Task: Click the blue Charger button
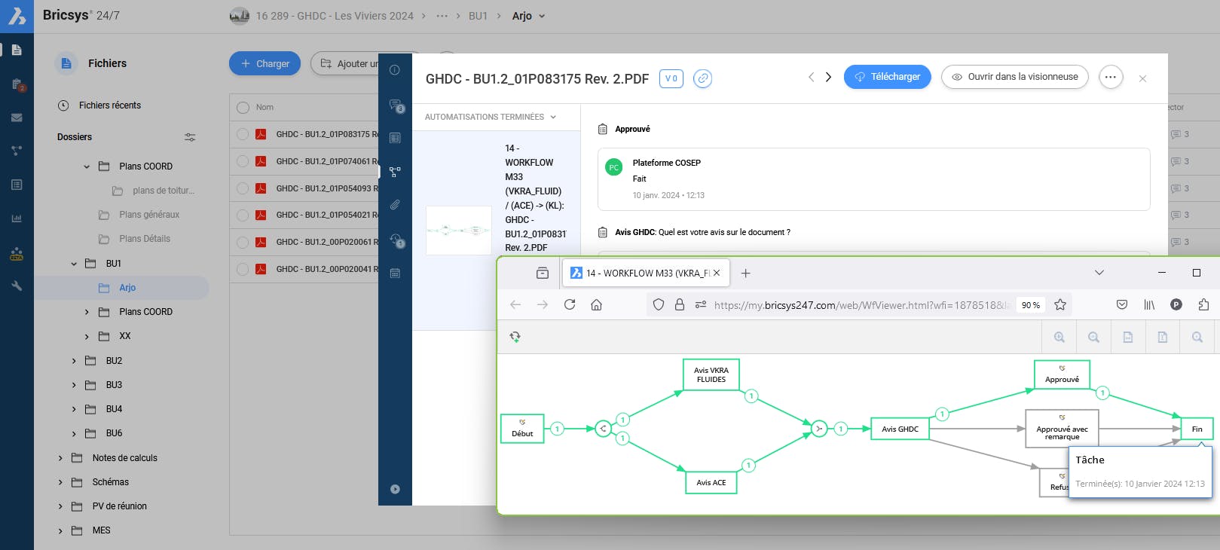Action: pyautogui.click(x=264, y=64)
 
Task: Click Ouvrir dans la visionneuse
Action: pyautogui.click(x=1014, y=77)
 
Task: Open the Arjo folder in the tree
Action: pyautogui.click(x=127, y=288)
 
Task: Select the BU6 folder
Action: pyautogui.click(x=114, y=433)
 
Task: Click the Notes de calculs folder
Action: pyautogui.click(x=124, y=458)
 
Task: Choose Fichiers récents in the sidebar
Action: pyautogui.click(x=109, y=105)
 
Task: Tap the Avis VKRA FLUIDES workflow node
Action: pyautogui.click(x=711, y=374)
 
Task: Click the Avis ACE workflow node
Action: pyautogui.click(x=711, y=482)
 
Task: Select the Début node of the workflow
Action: pyautogui.click(x=522, y=429)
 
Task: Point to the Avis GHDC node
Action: pyautogui.click(x=900, y=429)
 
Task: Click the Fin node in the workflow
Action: pyautogui.click(x=1197, y=429)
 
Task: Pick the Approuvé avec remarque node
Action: pyautogui.click(x=1062, y=429)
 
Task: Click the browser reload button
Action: pyautogui.click(x=570, y=304)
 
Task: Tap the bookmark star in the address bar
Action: pyautogui.click(x=1060, y=304)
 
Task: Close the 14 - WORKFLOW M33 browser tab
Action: pyautogui.click(x=717, y=273)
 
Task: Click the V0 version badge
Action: pyautogui.click(x=671, y=78)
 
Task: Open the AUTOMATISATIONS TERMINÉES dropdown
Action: pyautogui.click(x=491, y=117)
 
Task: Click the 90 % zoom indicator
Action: pyautogui.click(x=1030, y=305)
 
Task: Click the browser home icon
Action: pyautogui.click(x=596, y=304)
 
